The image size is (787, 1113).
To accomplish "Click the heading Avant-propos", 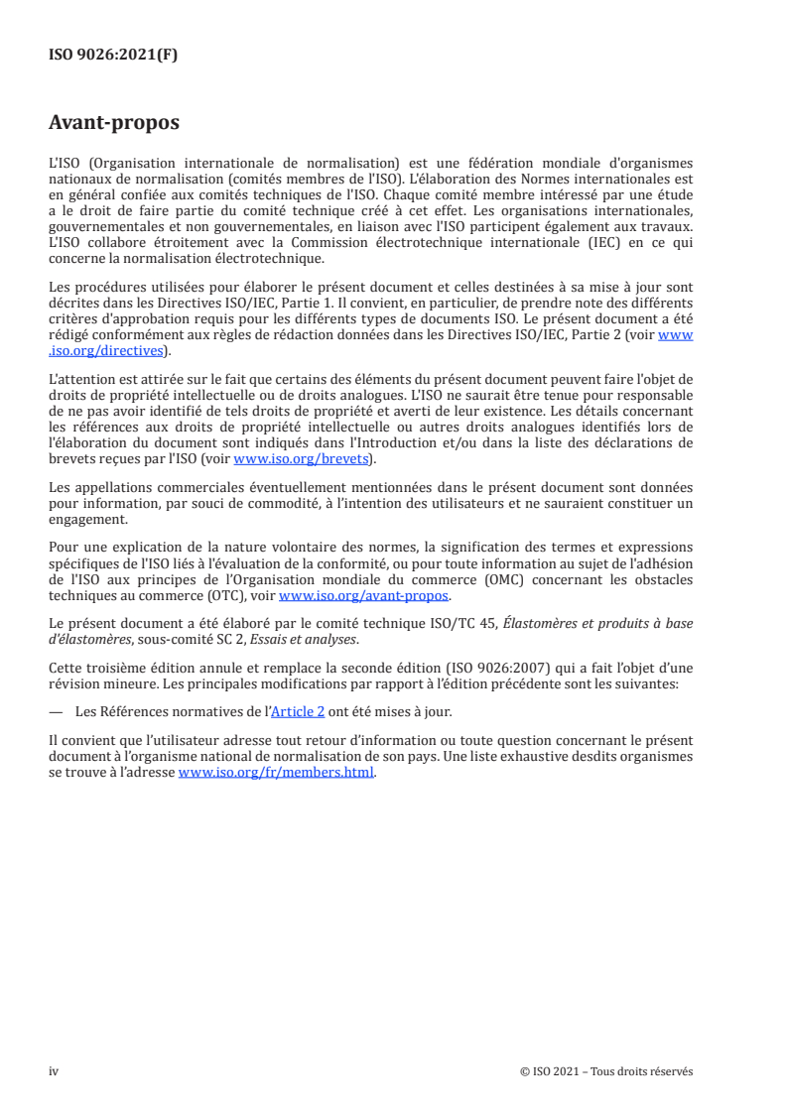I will [114, 125].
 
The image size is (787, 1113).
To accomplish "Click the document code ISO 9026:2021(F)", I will [113, 55].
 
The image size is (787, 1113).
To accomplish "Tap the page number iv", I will [54, 1071].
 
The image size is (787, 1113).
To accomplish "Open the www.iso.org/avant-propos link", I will [364, 596].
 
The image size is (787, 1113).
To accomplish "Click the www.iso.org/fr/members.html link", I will [276, 774].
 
